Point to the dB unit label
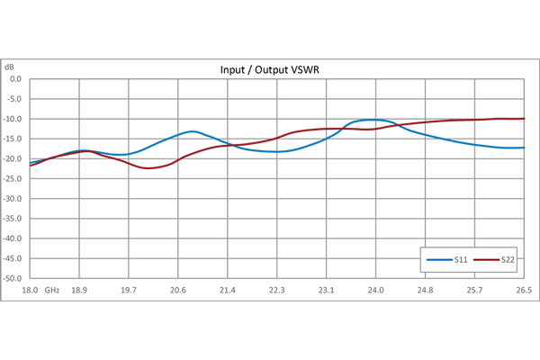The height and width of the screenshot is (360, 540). (x=10, y=67)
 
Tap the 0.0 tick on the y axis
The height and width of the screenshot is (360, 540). (x=14, y=79)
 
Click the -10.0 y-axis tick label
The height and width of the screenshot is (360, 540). (x=13, y=119)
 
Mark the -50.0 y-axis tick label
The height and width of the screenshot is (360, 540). (x=13, y=279)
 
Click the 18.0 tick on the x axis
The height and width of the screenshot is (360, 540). (x=30, y=291)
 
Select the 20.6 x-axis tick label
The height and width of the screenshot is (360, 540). (x=178, y=291)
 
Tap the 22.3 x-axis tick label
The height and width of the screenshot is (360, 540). (x=277, y=291)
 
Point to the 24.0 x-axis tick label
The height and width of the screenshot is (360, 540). (x=375, y=291)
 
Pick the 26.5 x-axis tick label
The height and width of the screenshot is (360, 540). (x=524, y=291)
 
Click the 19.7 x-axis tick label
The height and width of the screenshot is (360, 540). (x=129, y=291)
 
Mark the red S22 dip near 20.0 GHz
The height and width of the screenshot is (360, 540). (x=151, y=168)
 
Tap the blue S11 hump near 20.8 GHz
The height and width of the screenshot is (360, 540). (x=193, y=131)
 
